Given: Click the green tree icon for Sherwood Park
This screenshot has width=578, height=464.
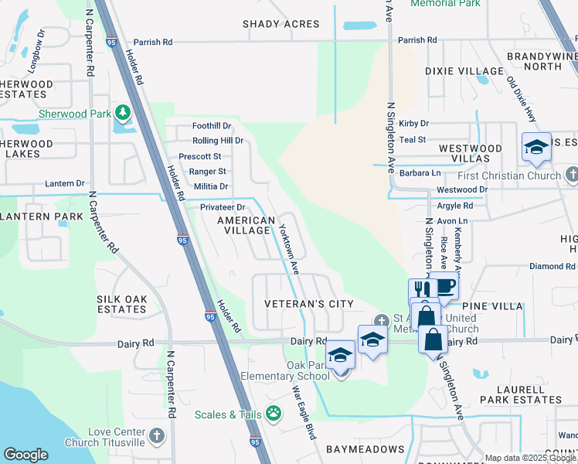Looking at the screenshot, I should [122, 114].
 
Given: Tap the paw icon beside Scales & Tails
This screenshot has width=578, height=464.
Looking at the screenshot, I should [274, 415].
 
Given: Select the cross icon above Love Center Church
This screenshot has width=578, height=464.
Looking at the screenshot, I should [157, 435].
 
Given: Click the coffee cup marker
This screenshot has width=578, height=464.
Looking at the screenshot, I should [444, 285].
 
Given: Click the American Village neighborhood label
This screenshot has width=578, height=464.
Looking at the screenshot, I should [246, 226].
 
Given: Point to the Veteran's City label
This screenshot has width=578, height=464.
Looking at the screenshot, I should [308, 304].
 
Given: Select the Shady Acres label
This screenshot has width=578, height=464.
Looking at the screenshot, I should [280, 24].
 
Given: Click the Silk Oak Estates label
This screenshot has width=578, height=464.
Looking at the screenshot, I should [121, 303].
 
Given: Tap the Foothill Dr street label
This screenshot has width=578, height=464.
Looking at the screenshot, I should [212, 126].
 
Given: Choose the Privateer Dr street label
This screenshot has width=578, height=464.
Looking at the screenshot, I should [222, 207].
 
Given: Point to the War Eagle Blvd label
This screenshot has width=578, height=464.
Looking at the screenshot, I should [304, 413].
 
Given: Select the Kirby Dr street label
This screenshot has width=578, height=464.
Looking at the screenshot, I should [413, 124].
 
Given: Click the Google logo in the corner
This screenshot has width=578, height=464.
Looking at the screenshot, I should [25, 455].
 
